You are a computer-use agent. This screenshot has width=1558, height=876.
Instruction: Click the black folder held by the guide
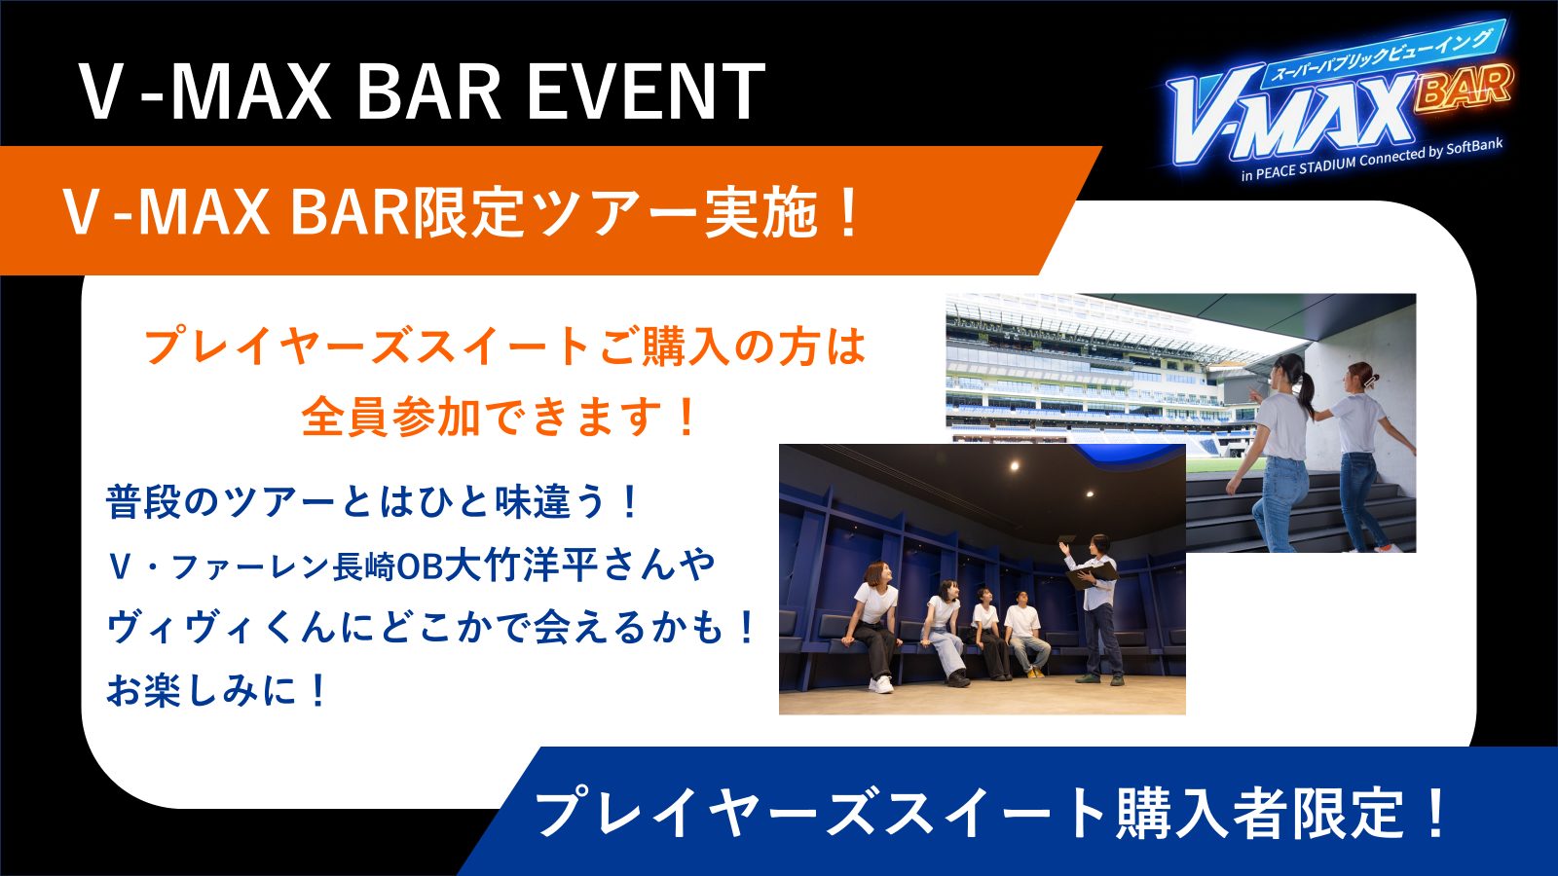point(1090,575)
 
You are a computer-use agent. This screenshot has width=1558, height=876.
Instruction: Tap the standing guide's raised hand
point(1063,547)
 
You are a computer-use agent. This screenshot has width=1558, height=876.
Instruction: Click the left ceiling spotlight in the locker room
point(1014,465)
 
